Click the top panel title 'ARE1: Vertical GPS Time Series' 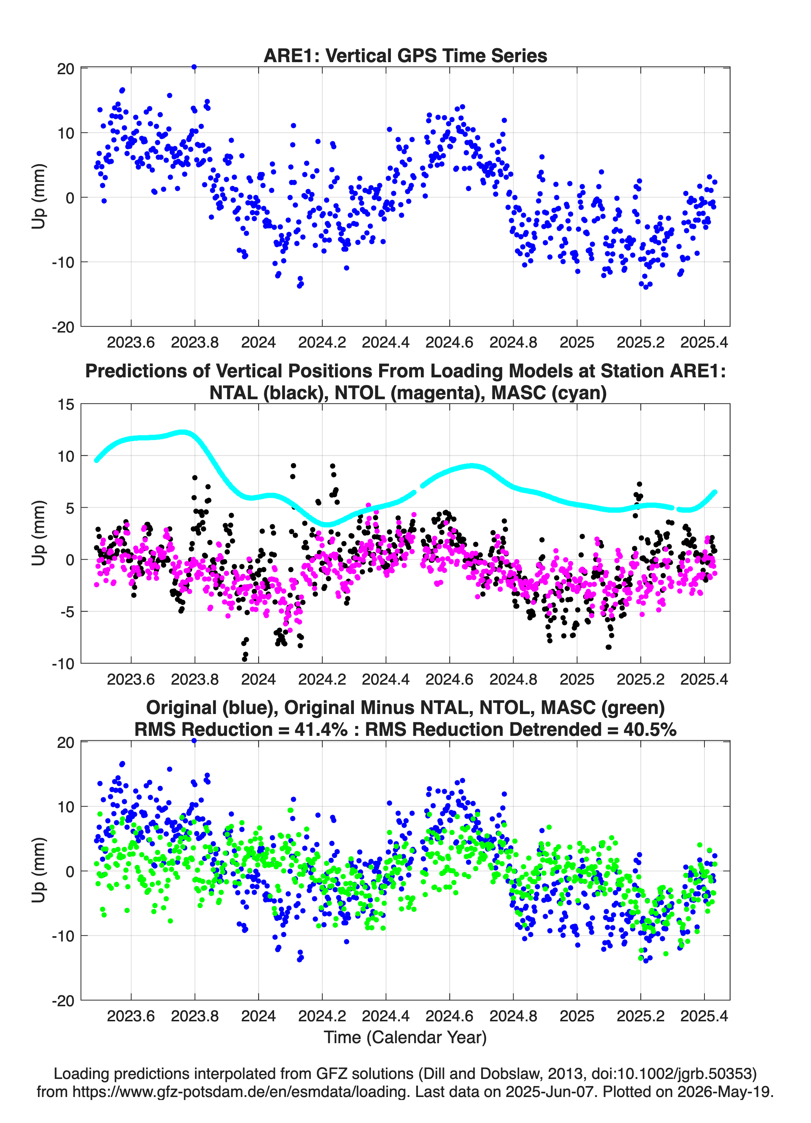[x=405, y=55]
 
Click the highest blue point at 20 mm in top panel [x=194, y=67]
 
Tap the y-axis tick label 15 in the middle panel [x=66, y=404]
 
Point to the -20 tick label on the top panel [x=63, y=327]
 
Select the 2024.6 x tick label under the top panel [x=449, y=342]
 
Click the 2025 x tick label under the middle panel [x=577, y=679]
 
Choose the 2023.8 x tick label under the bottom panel [x=195, y=1016]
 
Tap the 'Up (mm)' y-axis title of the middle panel [x=39, y=533]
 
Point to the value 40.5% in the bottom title [x=649, y=729]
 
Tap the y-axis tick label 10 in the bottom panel [x=66, y=807]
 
